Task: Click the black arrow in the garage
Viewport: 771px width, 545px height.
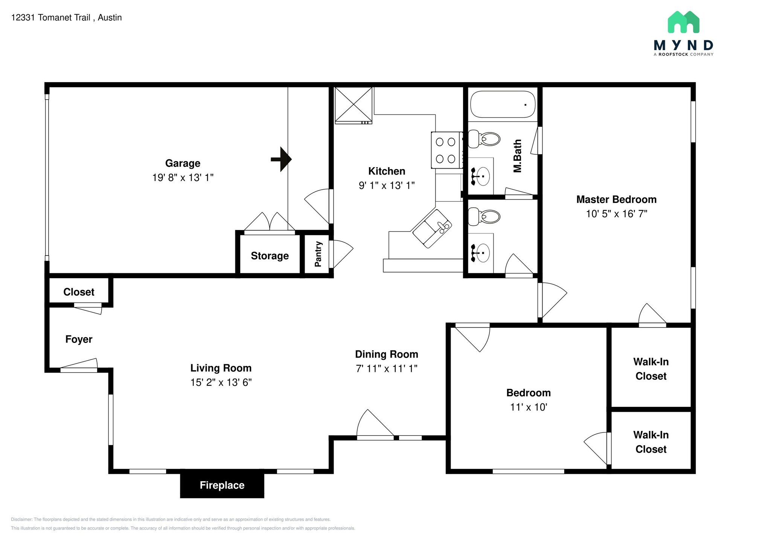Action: [281, 159]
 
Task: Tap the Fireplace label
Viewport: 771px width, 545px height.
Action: [222, 485]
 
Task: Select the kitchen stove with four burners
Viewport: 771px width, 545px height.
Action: [446, 150]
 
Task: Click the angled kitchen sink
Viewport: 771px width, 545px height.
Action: [432, 228]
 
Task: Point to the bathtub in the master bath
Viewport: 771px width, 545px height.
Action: [503, 104]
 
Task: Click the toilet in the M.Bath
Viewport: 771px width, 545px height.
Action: [484, 139]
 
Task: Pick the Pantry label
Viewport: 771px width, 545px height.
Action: [318, 254]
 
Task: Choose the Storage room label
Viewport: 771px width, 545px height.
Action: [270, 256]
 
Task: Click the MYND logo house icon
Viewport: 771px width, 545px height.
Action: [683, 22]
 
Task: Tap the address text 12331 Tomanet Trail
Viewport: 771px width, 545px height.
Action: [51, 18]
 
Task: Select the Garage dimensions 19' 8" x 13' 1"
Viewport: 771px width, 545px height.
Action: [183, 178]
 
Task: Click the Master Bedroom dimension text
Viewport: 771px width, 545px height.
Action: [617, 214]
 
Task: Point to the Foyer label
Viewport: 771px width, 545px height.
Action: [79, 339]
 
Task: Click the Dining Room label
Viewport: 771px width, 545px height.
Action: [387, 354]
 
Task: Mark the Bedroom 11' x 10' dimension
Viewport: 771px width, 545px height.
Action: [529, 407]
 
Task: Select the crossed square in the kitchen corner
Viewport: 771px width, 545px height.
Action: [354, 105]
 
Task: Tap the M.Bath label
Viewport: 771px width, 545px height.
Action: [518, 156]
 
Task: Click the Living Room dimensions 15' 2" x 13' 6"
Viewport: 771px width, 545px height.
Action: [221, 382]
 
